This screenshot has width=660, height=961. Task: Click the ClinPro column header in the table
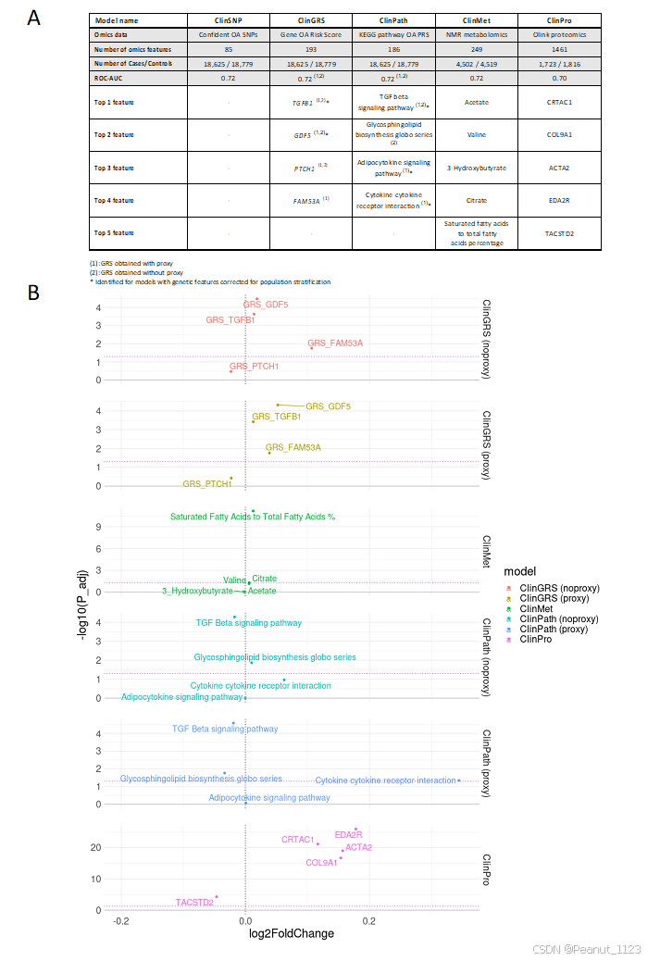(x=559, y=19)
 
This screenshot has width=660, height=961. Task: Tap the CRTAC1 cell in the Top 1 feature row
(x=559, y=103)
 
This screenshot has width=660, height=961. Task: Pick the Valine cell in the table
(x=477, y=134)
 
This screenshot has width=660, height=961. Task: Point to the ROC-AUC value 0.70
(x=559, y=79)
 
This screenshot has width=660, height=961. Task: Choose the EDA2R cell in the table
(x=559, y=200)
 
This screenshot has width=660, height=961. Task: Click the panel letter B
(x=33, y=293)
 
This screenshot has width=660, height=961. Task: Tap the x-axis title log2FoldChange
(x=292, y=934)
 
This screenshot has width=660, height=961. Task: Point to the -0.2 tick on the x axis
(x=121, y=921)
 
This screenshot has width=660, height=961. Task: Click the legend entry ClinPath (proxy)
(x=558, y=629)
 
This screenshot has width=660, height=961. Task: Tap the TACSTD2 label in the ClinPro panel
(x=194, y=903)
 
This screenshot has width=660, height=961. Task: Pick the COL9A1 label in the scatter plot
(x=321, y=863)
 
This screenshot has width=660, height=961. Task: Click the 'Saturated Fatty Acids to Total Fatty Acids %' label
(x=252, y=517)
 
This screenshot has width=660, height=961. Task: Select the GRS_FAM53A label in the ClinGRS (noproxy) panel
(x=335, y=343)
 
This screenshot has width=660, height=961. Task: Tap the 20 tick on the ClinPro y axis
(x=94, y=847)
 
